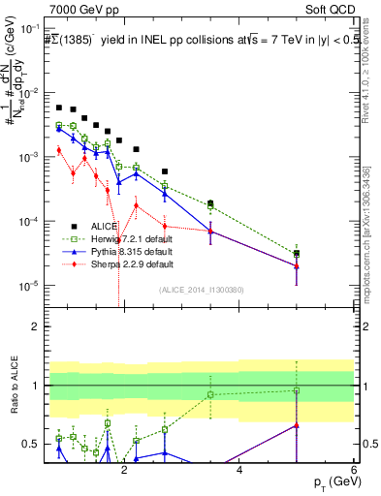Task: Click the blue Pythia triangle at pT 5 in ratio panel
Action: click(297, 425)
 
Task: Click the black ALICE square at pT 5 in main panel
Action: click(297, 254)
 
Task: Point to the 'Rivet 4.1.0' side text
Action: click(368, 77)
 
